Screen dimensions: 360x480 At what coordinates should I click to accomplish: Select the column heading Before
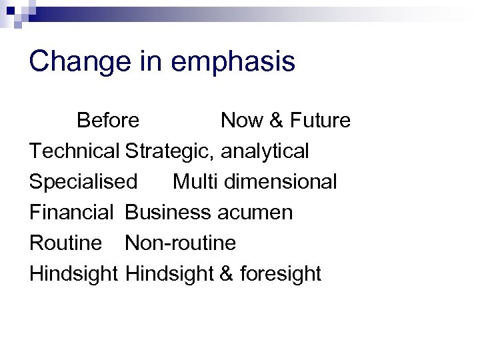[108, 121]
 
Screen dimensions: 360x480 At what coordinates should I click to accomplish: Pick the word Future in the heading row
[319, 121]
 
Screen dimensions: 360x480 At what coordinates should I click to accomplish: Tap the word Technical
[74, 151]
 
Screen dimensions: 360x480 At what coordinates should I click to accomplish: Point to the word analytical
[265, 151]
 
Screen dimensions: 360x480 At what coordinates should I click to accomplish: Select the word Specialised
[83, 182]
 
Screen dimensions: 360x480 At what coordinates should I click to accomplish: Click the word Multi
[193, 182]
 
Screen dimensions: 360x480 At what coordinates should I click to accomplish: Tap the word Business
[167, 213]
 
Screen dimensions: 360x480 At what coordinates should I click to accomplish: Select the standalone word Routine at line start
[65, 243]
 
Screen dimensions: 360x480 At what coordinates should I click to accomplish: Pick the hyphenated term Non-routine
[180, 243]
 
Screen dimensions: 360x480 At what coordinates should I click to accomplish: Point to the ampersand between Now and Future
[276, 121]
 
